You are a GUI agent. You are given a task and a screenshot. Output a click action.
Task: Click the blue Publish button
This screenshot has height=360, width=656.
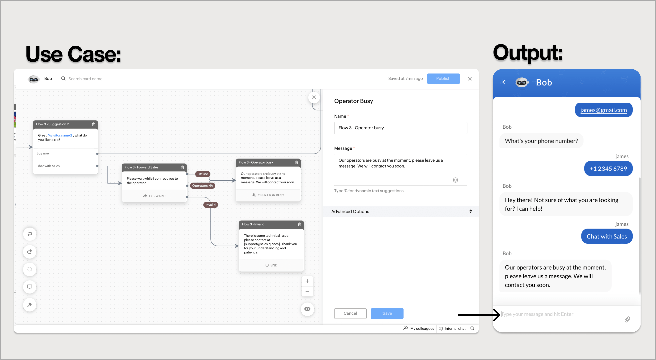[443, 79]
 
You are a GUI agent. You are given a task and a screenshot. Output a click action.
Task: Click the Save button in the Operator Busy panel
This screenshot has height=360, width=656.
[387, 313]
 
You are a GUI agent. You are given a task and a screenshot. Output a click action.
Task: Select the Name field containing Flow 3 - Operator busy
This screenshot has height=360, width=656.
[401, 128]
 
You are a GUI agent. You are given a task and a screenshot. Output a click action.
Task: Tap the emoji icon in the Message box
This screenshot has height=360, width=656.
[455, 180]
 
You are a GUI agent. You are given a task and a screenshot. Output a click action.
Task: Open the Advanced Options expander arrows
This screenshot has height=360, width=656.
[471, 211]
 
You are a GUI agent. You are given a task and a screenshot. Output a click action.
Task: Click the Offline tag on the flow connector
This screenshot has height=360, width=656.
[203, 174]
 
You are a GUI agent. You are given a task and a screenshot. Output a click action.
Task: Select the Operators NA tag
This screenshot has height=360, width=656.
[202, 186]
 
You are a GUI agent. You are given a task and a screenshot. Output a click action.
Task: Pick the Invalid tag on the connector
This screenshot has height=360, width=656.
[211, 205]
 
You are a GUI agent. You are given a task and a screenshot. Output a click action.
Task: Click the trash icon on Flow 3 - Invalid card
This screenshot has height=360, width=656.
[300, 224]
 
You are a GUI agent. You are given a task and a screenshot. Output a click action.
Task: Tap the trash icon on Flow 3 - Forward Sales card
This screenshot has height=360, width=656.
[182, 167]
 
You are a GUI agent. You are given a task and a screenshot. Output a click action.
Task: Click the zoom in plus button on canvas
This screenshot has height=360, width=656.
[307, 281]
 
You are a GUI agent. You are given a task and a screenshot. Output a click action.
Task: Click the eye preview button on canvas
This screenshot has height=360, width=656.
[307, 309]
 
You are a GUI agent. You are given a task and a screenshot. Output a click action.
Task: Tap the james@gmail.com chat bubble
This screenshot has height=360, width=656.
[604, 110]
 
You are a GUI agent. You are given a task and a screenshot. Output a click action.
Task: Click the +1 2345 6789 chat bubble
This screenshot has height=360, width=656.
[608, 169]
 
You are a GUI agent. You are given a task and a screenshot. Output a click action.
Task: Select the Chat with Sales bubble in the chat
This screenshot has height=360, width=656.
[607, 236]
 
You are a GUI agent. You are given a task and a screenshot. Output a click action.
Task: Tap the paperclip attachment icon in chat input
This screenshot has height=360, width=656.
[627, 319]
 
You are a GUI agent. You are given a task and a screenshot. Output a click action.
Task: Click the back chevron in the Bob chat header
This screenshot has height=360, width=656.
[504, 82]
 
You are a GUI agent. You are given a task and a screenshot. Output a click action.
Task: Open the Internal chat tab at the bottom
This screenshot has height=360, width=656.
[452, 329]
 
